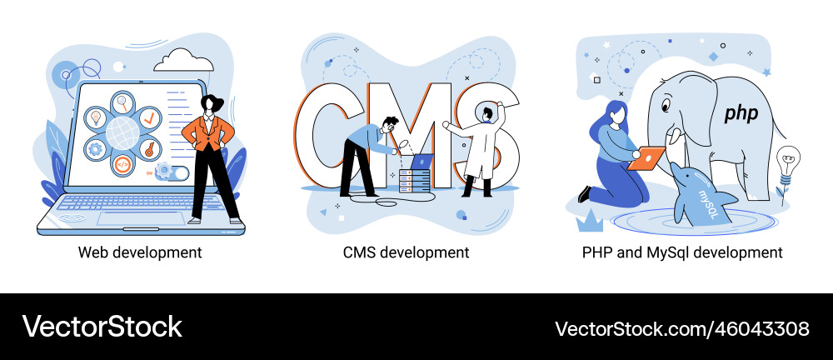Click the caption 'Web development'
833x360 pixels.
(x=140, y=252)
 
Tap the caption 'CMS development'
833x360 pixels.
(x=407, y=252)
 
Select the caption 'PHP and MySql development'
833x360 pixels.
(x=682, y=252)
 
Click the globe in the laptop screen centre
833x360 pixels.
(x=122, y=133)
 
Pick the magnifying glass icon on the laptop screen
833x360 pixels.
(x=123, y=102)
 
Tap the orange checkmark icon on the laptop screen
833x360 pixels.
(x=150, y=117)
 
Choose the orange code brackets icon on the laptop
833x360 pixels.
(x=122, y=164)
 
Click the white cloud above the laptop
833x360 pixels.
(x=184, y=60)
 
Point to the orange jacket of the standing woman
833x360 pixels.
(x=207, y=132)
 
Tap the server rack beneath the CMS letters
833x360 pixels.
(x=414, y=180)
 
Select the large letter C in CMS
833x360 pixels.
(x=322, y=136)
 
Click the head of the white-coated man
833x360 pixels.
(x=488, y=113)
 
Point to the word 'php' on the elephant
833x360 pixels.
(x=741, y=113)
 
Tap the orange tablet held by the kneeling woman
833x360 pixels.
(x=646, y=158)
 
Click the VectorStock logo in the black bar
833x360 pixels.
(x=102, y=327)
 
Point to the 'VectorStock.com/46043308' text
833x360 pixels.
(x=682, y=328)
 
